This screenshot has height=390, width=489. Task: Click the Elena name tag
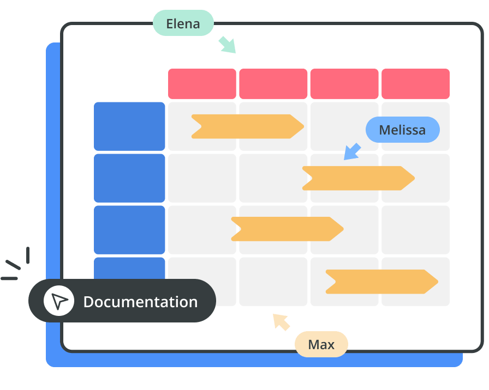[x=183, y=23]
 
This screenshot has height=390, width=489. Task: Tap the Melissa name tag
[x=402, y=130]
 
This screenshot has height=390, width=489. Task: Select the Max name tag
[x=321, y=344]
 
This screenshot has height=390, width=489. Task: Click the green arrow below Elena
[x=227, y=45]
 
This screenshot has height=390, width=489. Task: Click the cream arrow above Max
[x=281, y=322]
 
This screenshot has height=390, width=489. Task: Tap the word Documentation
[x=140, y=301]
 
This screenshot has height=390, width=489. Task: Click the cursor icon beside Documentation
[x=59, y=301]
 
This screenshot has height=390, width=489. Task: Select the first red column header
[x=202, y=84]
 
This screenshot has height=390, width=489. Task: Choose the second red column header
[x=273, y=84]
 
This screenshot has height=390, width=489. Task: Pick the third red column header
[x=344, y=84]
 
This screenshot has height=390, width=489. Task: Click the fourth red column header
[x=415, y=84]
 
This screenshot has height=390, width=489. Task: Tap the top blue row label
[x=129, y=126]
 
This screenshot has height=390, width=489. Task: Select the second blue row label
[x=129, y=178]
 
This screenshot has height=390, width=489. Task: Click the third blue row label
[x=129, y=230]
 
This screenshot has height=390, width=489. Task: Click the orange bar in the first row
[x=247, y=126]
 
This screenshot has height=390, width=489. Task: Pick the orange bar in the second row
[x=358, y=178]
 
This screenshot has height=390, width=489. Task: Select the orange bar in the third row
[x=287, y=229]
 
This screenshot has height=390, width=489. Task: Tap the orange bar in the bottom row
[x=381, y=282]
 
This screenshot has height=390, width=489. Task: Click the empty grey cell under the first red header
[x=202, y=178]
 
